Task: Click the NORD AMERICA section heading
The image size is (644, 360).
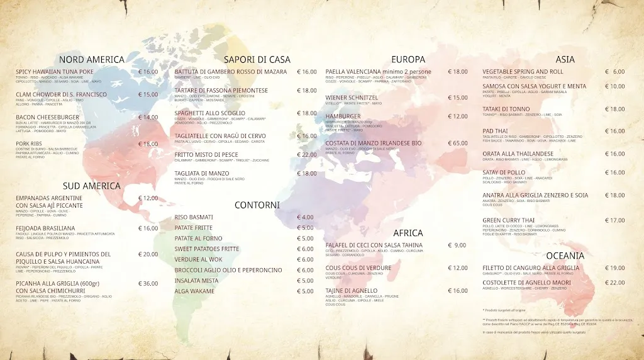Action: click(91, 60)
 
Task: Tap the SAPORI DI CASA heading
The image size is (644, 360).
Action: click(257, 60)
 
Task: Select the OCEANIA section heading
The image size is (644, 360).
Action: click(565, 256)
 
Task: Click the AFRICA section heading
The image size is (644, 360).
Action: click(408, 233)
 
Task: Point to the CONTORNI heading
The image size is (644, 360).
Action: click(257, 205)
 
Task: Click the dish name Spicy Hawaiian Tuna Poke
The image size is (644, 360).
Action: click(55, 72)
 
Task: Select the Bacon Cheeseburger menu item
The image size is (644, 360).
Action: click(48, 117)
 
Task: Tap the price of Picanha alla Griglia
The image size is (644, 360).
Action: click(148, 283)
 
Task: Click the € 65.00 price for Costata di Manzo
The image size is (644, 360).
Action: click(457, 143)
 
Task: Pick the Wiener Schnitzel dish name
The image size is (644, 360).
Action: click(352, 98)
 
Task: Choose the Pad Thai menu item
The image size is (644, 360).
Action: click(495, 131)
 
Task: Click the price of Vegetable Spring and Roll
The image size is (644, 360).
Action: click(614, 72)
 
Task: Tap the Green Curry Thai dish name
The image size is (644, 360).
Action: click(508, 220)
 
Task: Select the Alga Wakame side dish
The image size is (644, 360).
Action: click(195, 291)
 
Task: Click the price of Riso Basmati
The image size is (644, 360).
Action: click(305, 217)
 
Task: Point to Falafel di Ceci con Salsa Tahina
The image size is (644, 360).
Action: click(374, 245)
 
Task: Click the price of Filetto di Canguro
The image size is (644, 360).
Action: click(614, 268)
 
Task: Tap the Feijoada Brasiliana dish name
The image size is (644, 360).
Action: click(45, 228)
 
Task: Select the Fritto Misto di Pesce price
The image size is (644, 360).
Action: click(307, 155)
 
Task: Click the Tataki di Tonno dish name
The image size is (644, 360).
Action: click(506, 109)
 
